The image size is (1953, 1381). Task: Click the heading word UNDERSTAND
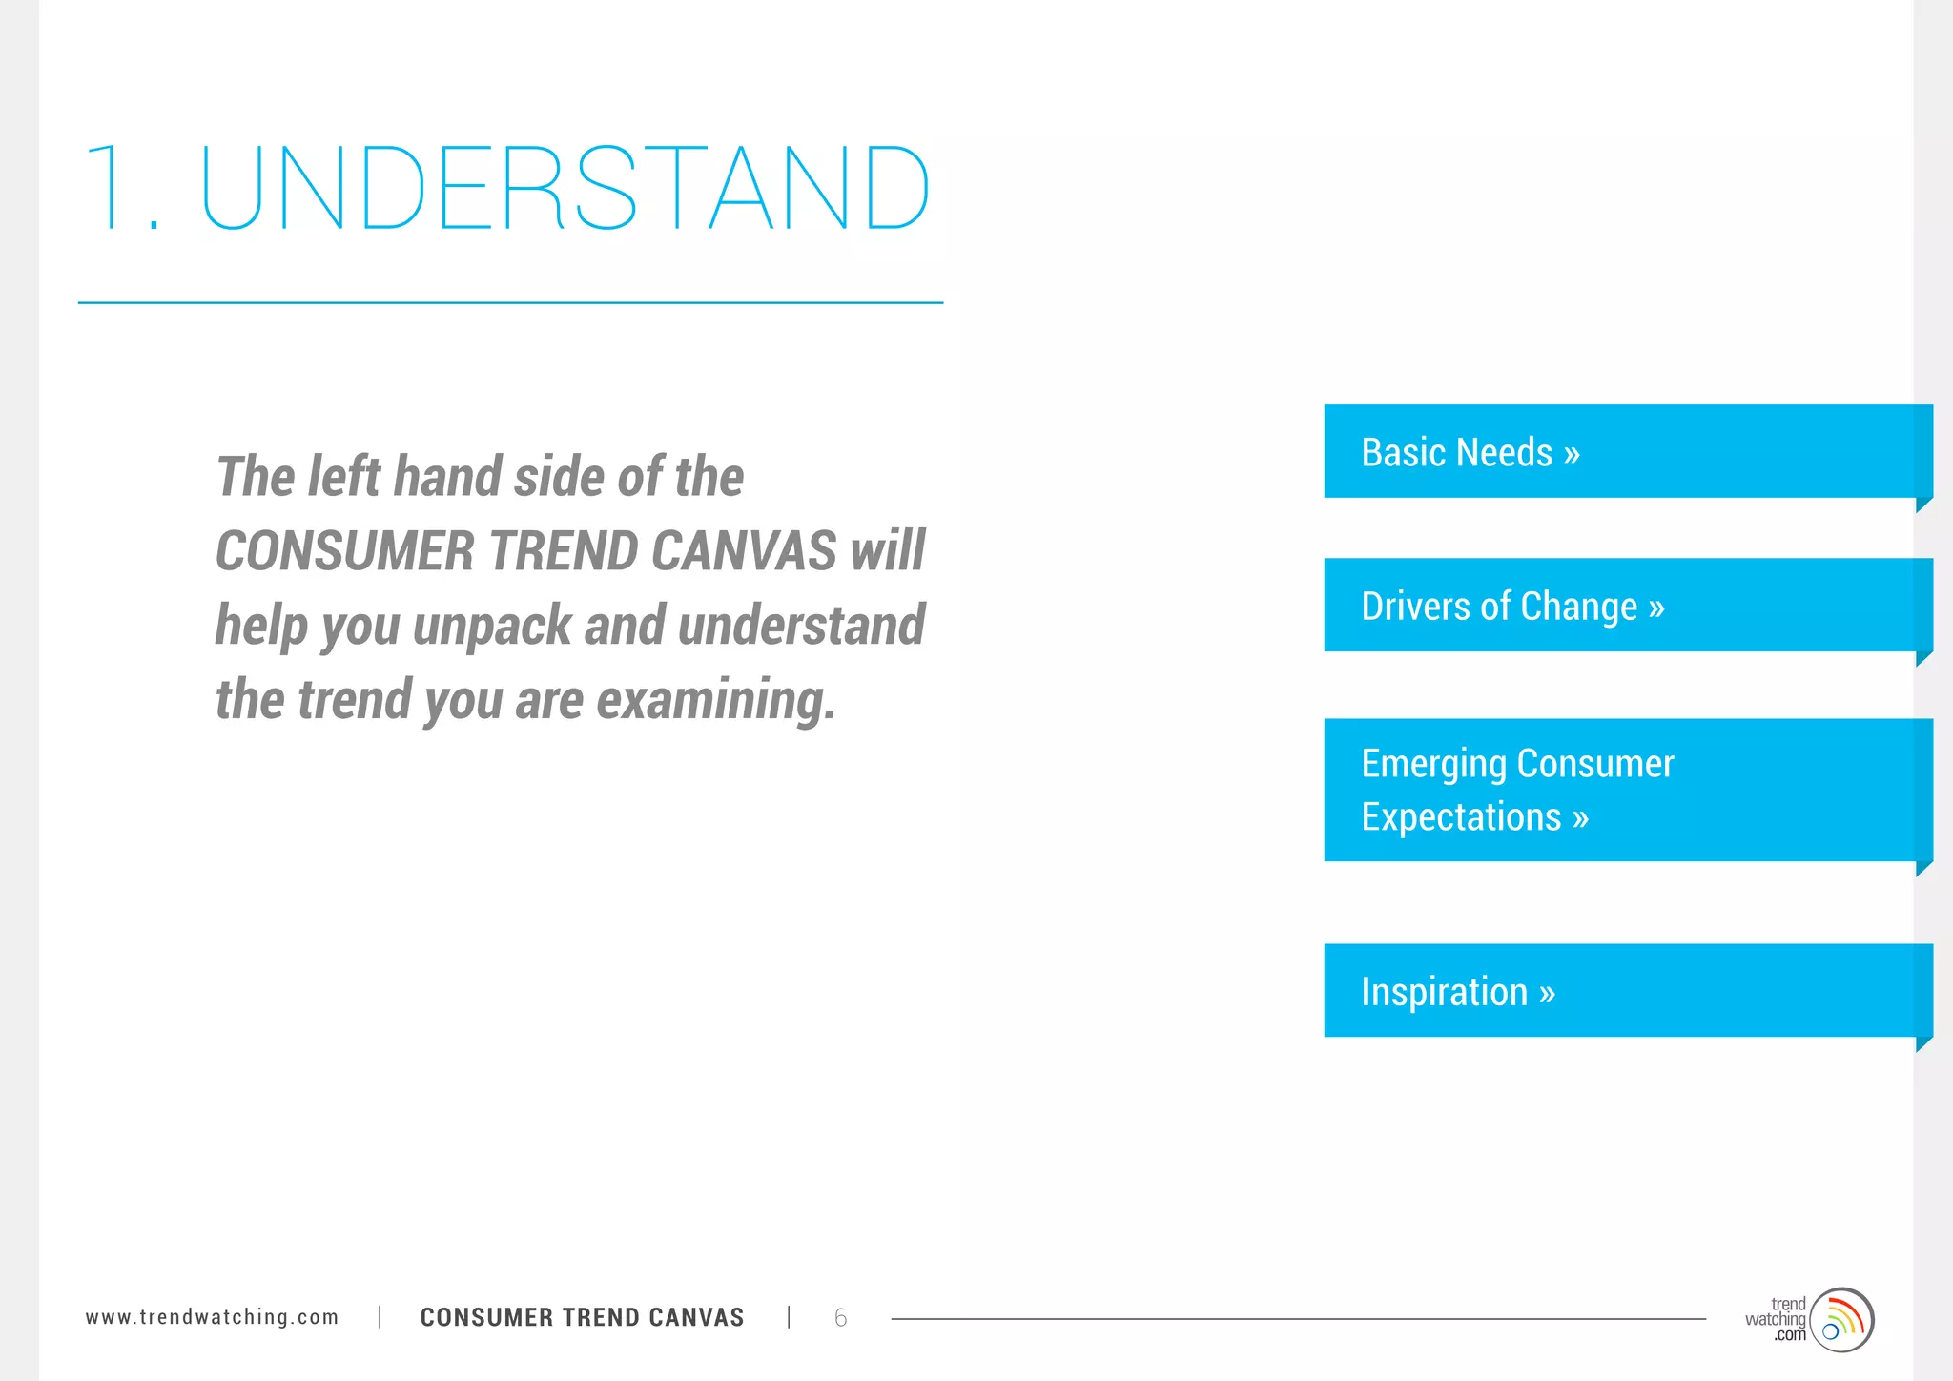565,188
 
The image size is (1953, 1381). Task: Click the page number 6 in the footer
840,1318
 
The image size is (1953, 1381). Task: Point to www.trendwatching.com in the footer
212,1317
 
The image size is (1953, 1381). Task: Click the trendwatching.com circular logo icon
1841,1320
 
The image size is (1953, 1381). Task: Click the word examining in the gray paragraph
715,700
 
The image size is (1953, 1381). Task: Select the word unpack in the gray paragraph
492,626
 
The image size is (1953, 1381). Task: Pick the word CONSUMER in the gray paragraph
345,551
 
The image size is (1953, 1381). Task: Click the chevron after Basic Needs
1572,454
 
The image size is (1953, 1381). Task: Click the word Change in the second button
1578,607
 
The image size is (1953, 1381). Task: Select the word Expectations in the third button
1461,817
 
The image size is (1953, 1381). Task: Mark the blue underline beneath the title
510,303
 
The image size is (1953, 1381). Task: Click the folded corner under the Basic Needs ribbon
1923,505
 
